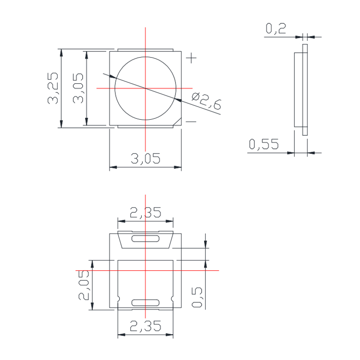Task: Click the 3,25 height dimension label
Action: point(54,88)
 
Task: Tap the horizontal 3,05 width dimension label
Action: point(145,158)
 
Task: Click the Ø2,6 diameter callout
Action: point(207,102)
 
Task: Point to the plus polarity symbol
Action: point(192,58)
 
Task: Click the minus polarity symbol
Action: point(191,122)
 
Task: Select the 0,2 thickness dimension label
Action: point(276,29)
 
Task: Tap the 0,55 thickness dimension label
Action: point(264,144)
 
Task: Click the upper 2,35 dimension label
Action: point(145,213)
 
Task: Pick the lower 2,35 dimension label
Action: point(145,326)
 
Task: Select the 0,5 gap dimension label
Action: point(197,297)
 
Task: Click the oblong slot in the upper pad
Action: point(145,238)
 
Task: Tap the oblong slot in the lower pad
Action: point(145,303)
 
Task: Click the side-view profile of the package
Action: point(302,89)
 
